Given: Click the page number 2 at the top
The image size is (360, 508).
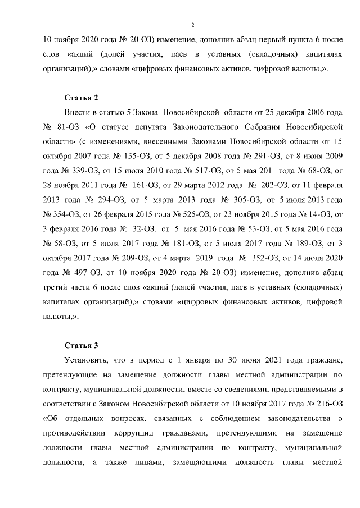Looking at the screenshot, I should [192, 25].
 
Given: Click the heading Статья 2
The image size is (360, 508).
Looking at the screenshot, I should [82, 98].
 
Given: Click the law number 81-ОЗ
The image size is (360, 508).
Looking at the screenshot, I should [65, 126].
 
